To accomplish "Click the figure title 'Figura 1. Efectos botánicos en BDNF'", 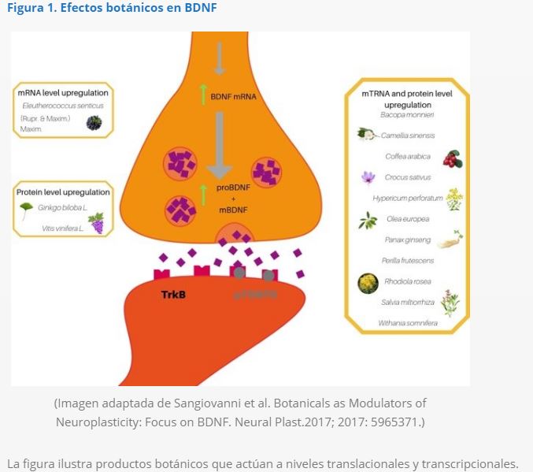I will (112, 9).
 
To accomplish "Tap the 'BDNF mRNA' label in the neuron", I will (233, 97).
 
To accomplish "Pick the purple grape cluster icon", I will (96, 223).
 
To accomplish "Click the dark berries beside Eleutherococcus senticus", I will (94, 122).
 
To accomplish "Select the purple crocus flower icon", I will (368, 178).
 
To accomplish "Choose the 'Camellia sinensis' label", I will (410, 136).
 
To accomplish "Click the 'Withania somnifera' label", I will (408, 322).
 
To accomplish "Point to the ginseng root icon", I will (450, 239).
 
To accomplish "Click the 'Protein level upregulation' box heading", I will (63, 191).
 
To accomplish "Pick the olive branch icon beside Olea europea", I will (367, 221).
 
